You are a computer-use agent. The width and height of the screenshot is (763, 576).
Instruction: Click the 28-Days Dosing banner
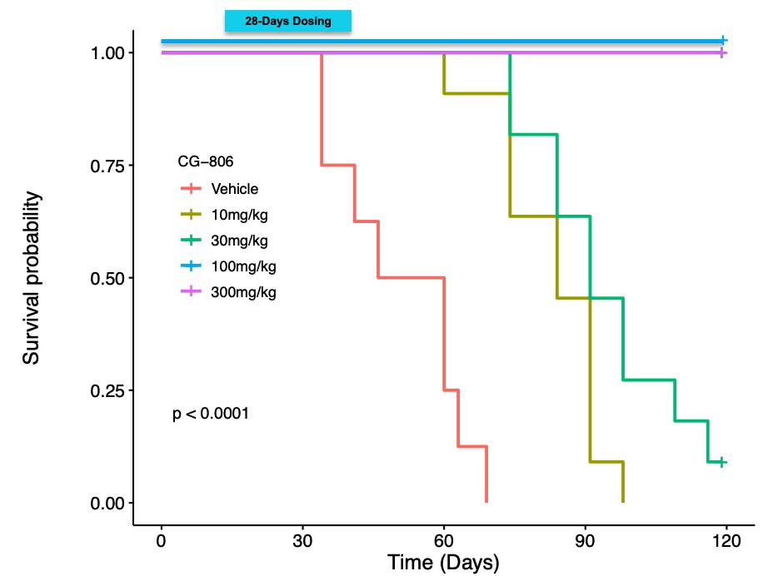(x=288, y=22)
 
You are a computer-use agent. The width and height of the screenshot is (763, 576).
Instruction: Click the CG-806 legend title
(x=200, y=161)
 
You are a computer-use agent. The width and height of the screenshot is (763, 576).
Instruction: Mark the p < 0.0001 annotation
(x=210, y=414)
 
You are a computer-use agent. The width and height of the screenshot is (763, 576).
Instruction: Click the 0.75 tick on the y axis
(x=107, y=166)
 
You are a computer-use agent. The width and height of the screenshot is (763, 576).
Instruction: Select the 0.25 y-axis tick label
(x=107, y=390)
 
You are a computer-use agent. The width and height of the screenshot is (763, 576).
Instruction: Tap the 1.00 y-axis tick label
(x=107, y=53)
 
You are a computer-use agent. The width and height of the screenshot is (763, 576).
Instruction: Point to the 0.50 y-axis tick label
(x=107, y=278)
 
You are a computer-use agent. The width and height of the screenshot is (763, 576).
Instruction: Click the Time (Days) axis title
(x=443, y=562)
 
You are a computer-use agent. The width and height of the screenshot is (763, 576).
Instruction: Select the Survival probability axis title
(x=32, y=278)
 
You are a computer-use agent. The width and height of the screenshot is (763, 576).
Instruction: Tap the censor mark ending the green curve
(x=722, y=462)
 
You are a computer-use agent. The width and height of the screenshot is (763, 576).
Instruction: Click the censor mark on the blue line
(x=723, y=40)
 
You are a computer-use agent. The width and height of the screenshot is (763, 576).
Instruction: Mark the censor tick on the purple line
(x=722, y=53)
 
